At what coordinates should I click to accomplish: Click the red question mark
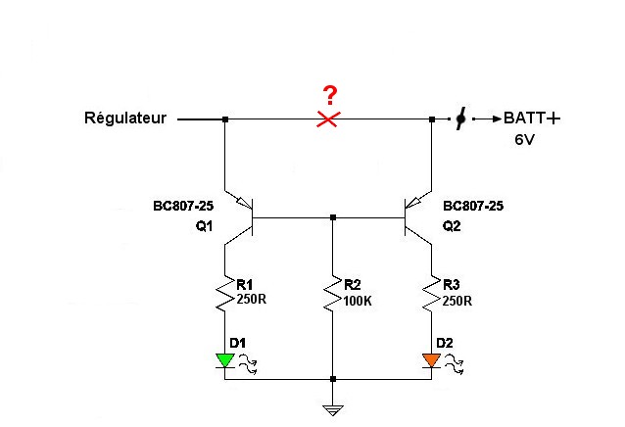click(x=331, y=95)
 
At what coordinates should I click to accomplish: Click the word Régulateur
click(x=125, y=119)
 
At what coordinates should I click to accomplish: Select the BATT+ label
click(x=532, y=119)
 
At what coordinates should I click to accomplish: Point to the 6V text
click(x=527, y=140)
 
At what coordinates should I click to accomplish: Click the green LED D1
click(x=225, y=359)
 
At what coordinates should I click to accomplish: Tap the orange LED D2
click(x=432, y=359)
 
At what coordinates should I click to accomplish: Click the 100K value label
click(x=359, y=302)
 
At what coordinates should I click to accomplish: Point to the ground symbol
click(x=334, y=408)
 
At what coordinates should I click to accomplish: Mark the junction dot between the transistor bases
click(x=334, y=217)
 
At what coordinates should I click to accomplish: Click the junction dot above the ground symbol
click(x=334, y=378)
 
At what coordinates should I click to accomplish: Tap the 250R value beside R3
click(x=457, y=301)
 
